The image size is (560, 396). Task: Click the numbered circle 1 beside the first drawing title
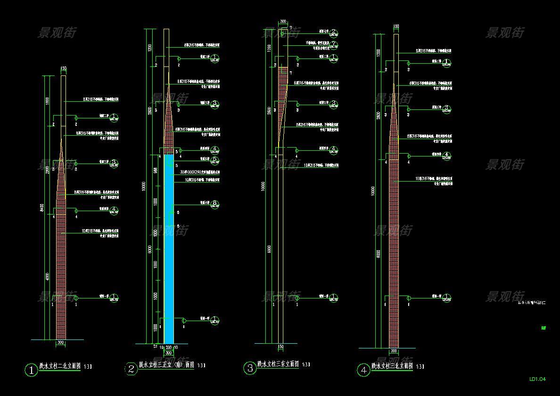tap(31, 371)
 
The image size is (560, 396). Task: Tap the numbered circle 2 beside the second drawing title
tap(131, 370)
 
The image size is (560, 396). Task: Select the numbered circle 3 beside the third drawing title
tap(250, 368)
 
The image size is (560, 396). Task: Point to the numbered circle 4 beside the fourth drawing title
tap(363, 371)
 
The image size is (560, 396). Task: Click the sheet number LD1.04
tap(537, 379)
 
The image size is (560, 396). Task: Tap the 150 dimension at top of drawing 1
tap(64, 69)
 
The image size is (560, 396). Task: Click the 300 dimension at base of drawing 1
tap(61, 343)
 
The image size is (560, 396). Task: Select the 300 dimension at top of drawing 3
tap(283, 22)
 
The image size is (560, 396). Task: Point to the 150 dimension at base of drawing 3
tap(280, 347)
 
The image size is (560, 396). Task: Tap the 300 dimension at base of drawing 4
tap(394, 352)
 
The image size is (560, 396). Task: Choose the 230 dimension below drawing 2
tap(168, 347)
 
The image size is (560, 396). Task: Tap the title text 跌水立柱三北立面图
tap(392, 366)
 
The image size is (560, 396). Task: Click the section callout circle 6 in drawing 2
tap(215, 204)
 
